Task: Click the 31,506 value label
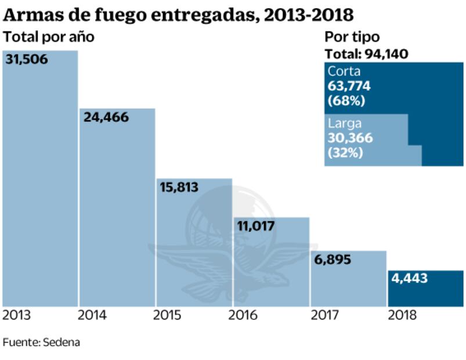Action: tap(27, 60)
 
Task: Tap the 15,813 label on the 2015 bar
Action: tap(179, 188)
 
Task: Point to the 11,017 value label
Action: tap(256, 226)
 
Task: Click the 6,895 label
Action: tap(333, 260)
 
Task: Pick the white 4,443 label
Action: tap(409, 279)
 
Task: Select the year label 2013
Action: tap(17, 316)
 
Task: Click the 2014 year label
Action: tap(92, 316)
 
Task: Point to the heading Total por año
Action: tap(49, 37)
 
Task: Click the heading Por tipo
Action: tap(352, 37)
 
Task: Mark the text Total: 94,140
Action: tap(366, 54)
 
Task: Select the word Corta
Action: tap(344, 71)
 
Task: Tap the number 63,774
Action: tap(349, 86)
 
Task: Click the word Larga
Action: tap(345, 124)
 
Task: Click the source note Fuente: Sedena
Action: tap(41, 342)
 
